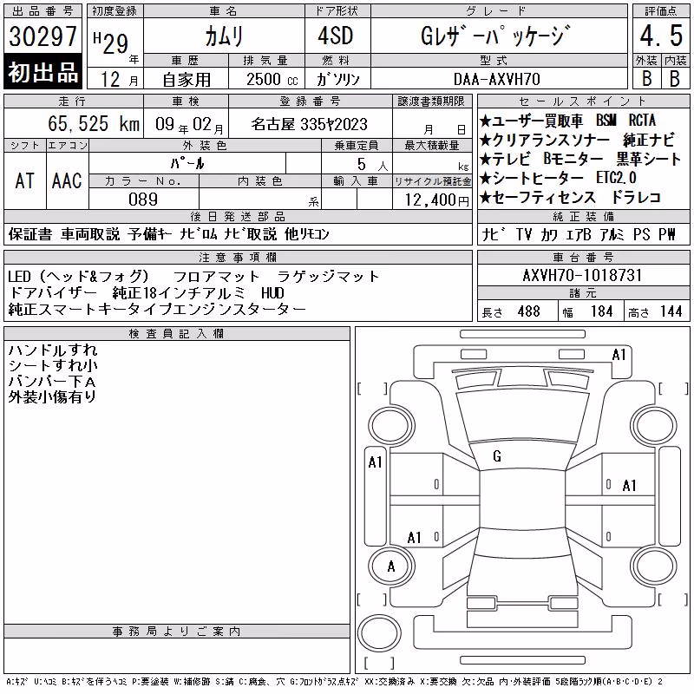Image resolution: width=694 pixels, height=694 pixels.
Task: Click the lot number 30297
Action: [x=43, y=36]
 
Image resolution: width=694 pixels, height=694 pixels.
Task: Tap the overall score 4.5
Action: [x=661, y=36]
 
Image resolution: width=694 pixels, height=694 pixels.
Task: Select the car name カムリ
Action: [x=224, y=36]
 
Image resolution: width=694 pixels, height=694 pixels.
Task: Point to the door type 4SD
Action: [x=336, y=36]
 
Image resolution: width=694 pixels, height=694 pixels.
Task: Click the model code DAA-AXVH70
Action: [x=497, y=79]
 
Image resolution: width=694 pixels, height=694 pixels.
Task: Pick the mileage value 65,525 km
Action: [x=94, y=123]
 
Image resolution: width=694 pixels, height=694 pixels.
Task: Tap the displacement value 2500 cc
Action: [x=272, y=80]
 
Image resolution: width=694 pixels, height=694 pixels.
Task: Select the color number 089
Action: [x=143, y=200]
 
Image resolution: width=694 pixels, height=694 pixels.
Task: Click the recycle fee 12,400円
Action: [x=436, y=200]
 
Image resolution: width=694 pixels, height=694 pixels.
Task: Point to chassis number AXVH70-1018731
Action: [x=582, y=275]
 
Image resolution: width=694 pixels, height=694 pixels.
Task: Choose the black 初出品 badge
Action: [x=43, y=72]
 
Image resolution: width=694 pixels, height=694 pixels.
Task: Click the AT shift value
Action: [x=24, y=181]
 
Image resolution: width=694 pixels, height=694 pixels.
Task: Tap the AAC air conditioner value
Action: [x=67, y=181]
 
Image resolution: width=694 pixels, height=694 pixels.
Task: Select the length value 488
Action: [x=529, y=311]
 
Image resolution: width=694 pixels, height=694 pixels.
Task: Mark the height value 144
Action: [x=671, y=311]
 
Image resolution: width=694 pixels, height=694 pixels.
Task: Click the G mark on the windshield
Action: [x=497, y=456]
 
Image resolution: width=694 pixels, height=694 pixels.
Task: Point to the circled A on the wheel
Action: [x=391, y=566]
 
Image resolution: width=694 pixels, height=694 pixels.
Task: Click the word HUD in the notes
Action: [x=272, y=293]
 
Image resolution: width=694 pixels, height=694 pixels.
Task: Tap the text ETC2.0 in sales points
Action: [x=616, y=178]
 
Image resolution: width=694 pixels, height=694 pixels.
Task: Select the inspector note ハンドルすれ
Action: [x=53, y=350]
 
